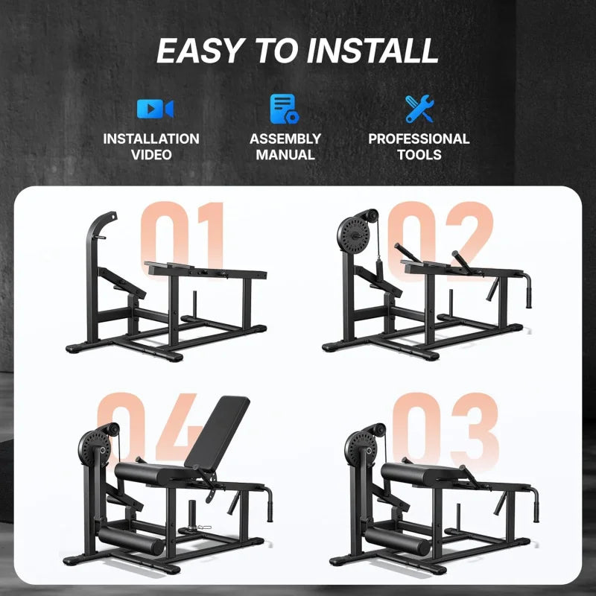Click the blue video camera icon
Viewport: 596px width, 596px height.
tap(155, 109)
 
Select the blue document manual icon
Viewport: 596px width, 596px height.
tap(284, 109)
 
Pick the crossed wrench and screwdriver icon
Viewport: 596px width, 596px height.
tap(418, 109)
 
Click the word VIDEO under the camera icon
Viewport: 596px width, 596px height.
tap(151, 155)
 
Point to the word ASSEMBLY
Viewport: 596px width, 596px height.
tap(285, 139)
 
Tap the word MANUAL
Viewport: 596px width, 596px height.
tap(285, 155)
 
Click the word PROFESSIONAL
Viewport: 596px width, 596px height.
tap(419, 139)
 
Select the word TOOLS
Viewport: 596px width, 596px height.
tap(419, 155)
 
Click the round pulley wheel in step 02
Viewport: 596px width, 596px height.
tap(355, 229)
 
